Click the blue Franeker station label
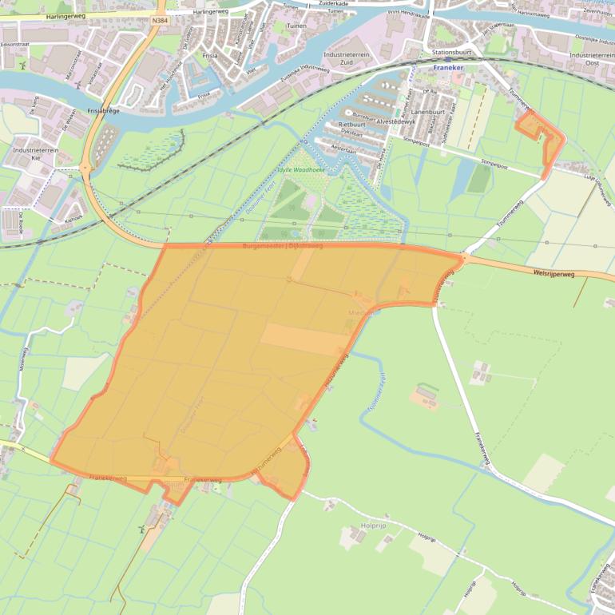pyautogui.click(x=448, y=68)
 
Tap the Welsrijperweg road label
pyautogui.click(x=553, y=274)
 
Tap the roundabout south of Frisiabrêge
pyautogui.click(x=85, y=168)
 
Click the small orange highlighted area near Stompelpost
pyautogui.click(x=540, y=136)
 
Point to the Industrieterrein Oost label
pyautogui.click(x=589, y=58)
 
